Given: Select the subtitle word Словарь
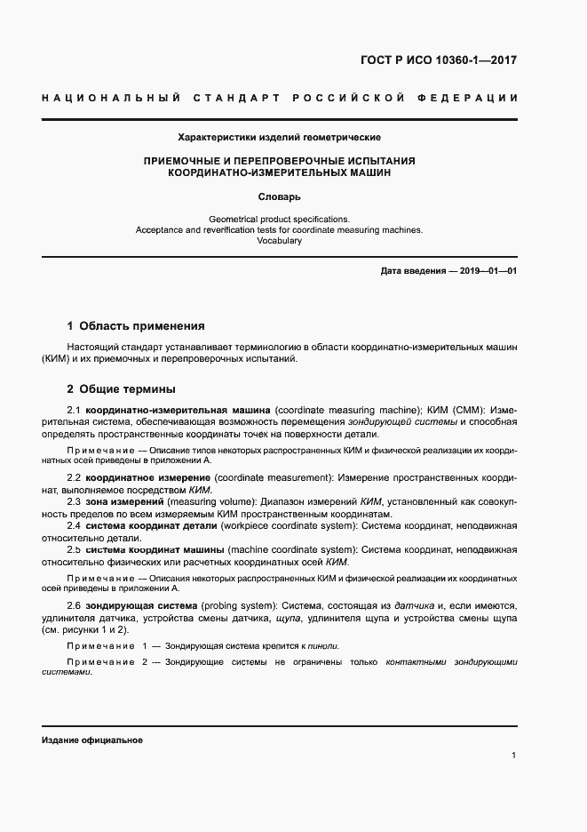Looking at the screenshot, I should coord(280,196).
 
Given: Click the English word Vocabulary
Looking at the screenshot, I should coord(280,241).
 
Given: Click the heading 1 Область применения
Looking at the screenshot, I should coord(136,326).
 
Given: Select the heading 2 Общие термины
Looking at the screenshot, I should coord(121,388).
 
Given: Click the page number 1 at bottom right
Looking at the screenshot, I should coord(514,756).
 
